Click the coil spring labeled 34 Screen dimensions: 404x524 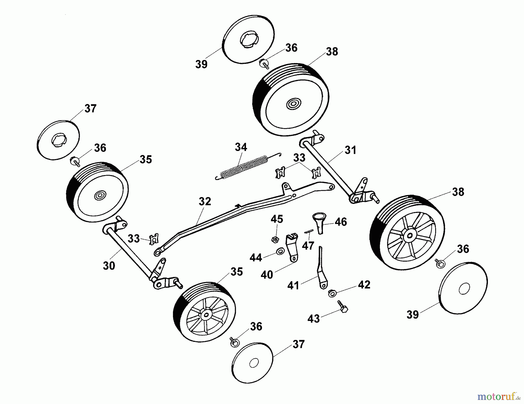point(244,168)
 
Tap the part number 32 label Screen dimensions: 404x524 point(205,202)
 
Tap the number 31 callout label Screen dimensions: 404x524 point(350,150)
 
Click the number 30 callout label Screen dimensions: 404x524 point(109,266)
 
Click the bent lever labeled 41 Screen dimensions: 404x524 point(321,269)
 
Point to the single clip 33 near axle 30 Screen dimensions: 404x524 point(154,240)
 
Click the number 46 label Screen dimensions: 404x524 point(341,222)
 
